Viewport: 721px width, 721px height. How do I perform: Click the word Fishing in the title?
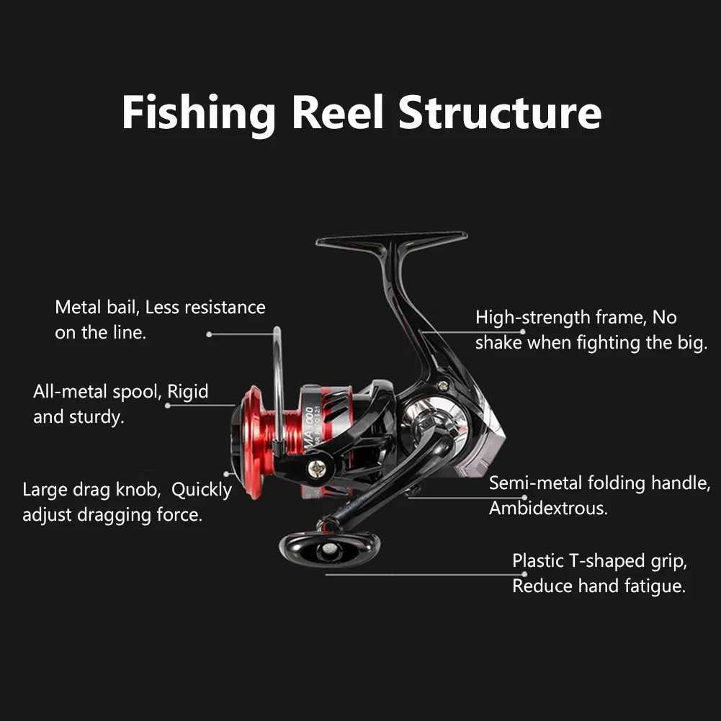(198, 113)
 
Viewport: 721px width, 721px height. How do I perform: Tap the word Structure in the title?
(500, 113)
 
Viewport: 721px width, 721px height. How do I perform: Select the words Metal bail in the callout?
(96, 308)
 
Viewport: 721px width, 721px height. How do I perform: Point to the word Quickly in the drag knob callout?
(202, 490)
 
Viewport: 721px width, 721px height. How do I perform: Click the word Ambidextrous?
(548, 508)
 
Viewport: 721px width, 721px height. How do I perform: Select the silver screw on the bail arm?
(315, 467)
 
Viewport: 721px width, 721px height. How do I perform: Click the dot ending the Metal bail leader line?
(209, 334)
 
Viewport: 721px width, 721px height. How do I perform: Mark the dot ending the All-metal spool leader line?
(168, 406)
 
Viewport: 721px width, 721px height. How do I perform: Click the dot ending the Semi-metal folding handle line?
(524, 496)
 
